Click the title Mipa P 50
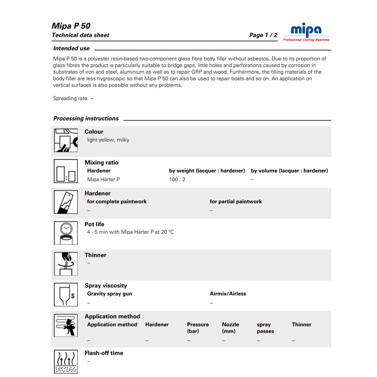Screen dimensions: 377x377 tap(71, 26)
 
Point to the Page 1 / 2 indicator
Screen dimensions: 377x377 tap(263, 35)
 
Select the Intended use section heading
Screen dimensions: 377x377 tap(71, 48)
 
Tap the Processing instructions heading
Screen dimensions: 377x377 tap(86, 119)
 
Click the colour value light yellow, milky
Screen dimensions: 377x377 tap(108, 140)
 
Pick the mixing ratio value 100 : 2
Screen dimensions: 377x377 tap(177, 180)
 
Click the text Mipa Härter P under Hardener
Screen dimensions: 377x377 tap(103, 180)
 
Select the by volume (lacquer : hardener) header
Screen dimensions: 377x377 tap(289, 171)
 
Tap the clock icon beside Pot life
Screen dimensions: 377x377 tap(65, 233)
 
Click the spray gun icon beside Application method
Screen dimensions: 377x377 tap(65, 325)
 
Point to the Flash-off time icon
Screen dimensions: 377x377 tap(65, 362)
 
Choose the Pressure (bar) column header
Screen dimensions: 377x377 tap(197, 328)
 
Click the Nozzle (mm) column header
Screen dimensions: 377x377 tap(230, 328)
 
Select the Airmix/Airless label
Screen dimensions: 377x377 tap(228, 294)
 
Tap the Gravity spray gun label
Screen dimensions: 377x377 tap(109, 294)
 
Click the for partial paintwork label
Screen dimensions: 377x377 tap(236, 202)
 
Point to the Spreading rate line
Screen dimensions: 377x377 tap(73, 98)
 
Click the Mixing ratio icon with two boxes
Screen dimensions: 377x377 tap(65, 171)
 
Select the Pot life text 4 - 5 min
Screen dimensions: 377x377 tap(130, 232)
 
